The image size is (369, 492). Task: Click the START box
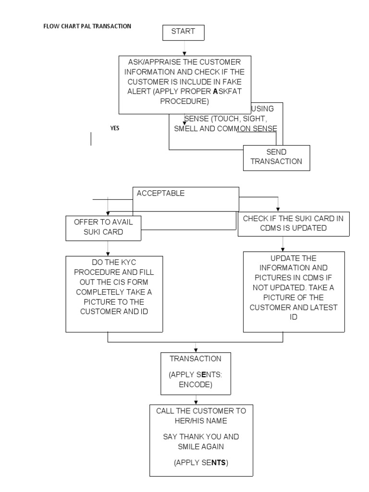pyautogui.click(x=183, y=32)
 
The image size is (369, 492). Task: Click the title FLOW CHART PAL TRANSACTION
pyautogui.click(x=87, y=26)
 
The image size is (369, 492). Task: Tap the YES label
pyautogui.click(x=115, y=128)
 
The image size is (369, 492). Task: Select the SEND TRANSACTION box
pyautogui.click(x=276, y=157)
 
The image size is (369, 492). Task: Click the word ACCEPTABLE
pyautogui.click(x=160, y=193)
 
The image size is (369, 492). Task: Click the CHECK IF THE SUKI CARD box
pyautogui.click(x=293, y=223)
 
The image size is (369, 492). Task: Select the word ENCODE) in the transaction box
pyautogui.click(x=196, y=384)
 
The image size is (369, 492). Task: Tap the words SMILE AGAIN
pyautogui.click(x=201, y=446)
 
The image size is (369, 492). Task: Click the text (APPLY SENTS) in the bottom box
pyautogui.click(x=201, y=463)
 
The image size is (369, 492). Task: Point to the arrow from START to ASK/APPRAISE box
pyautogui.click(x=184, y=48)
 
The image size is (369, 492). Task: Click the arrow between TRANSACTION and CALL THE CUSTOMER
pyautogui.click(x=196, y=399)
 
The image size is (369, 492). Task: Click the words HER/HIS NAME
pyautogui.click(x=201, y=420)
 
